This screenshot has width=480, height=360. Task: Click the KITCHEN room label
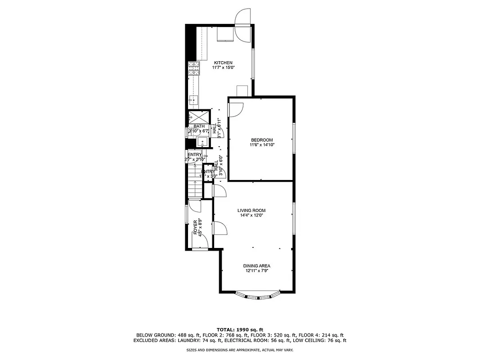pyautogui.click(x=223, y=63)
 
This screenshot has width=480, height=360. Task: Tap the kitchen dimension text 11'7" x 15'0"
pyautogui.click(x=223, y=67)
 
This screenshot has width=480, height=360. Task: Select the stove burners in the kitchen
pyautogui.click(x=193, y=68)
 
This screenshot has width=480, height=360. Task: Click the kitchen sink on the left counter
pyautogui.click(x=193, y=99)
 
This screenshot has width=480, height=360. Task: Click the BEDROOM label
pyautogui.click(x=262, y=140)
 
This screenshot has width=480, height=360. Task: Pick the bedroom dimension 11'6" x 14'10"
pyautogui.click(x=262, y=145)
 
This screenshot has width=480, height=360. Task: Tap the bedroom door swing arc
pyautogui.click(x=237, y=108)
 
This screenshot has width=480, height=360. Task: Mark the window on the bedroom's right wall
pyautogui.click(x=294, y=138)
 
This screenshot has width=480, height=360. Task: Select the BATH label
pyautogui.click(x=199, y=126)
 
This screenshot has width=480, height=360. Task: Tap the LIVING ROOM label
pyautogui.click(x=251, y=210)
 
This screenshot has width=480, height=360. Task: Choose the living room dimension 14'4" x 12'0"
pyautogui.click(x=251, y=215)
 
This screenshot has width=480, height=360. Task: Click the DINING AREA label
pyautogui.click(x=257, y=265)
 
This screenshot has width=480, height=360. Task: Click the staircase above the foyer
pyautogui.click(x=194, y=182)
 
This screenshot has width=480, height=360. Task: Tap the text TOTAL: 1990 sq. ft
pyautogui.click(x=240, y=329)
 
